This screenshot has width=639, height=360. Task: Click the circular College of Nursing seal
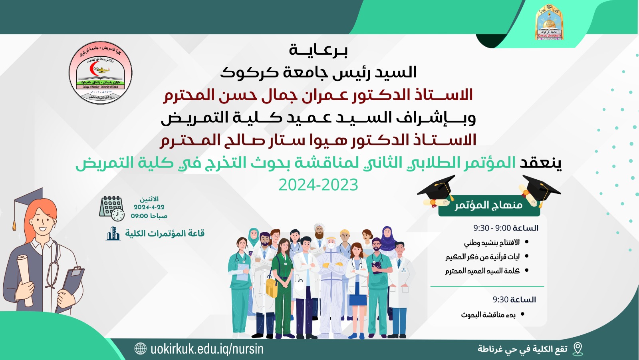coord(100,73)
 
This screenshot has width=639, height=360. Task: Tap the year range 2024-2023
coord(318,185)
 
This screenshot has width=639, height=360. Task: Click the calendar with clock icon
coord(111,208)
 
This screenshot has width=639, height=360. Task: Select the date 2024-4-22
coord(149,207)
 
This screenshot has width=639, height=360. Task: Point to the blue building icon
coord(113,233)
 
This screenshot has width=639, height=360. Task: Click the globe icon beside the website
coord(141,349)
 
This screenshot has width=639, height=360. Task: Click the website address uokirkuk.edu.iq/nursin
coord(207,349)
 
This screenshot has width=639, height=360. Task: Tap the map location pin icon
coord(577,349)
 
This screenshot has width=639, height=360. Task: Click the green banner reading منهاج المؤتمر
coord(488,205)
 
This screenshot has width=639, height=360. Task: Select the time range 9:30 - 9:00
coord(492,228)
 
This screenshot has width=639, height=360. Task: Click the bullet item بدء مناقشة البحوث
coord(488,315)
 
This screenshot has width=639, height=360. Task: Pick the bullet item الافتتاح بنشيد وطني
coord(492,243)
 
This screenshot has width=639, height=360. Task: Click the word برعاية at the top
coord(318,50)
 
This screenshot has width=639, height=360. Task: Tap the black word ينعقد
coord(540,163)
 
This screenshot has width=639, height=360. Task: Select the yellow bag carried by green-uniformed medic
coord(272,288)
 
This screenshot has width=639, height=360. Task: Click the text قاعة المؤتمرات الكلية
coord(165,233)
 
